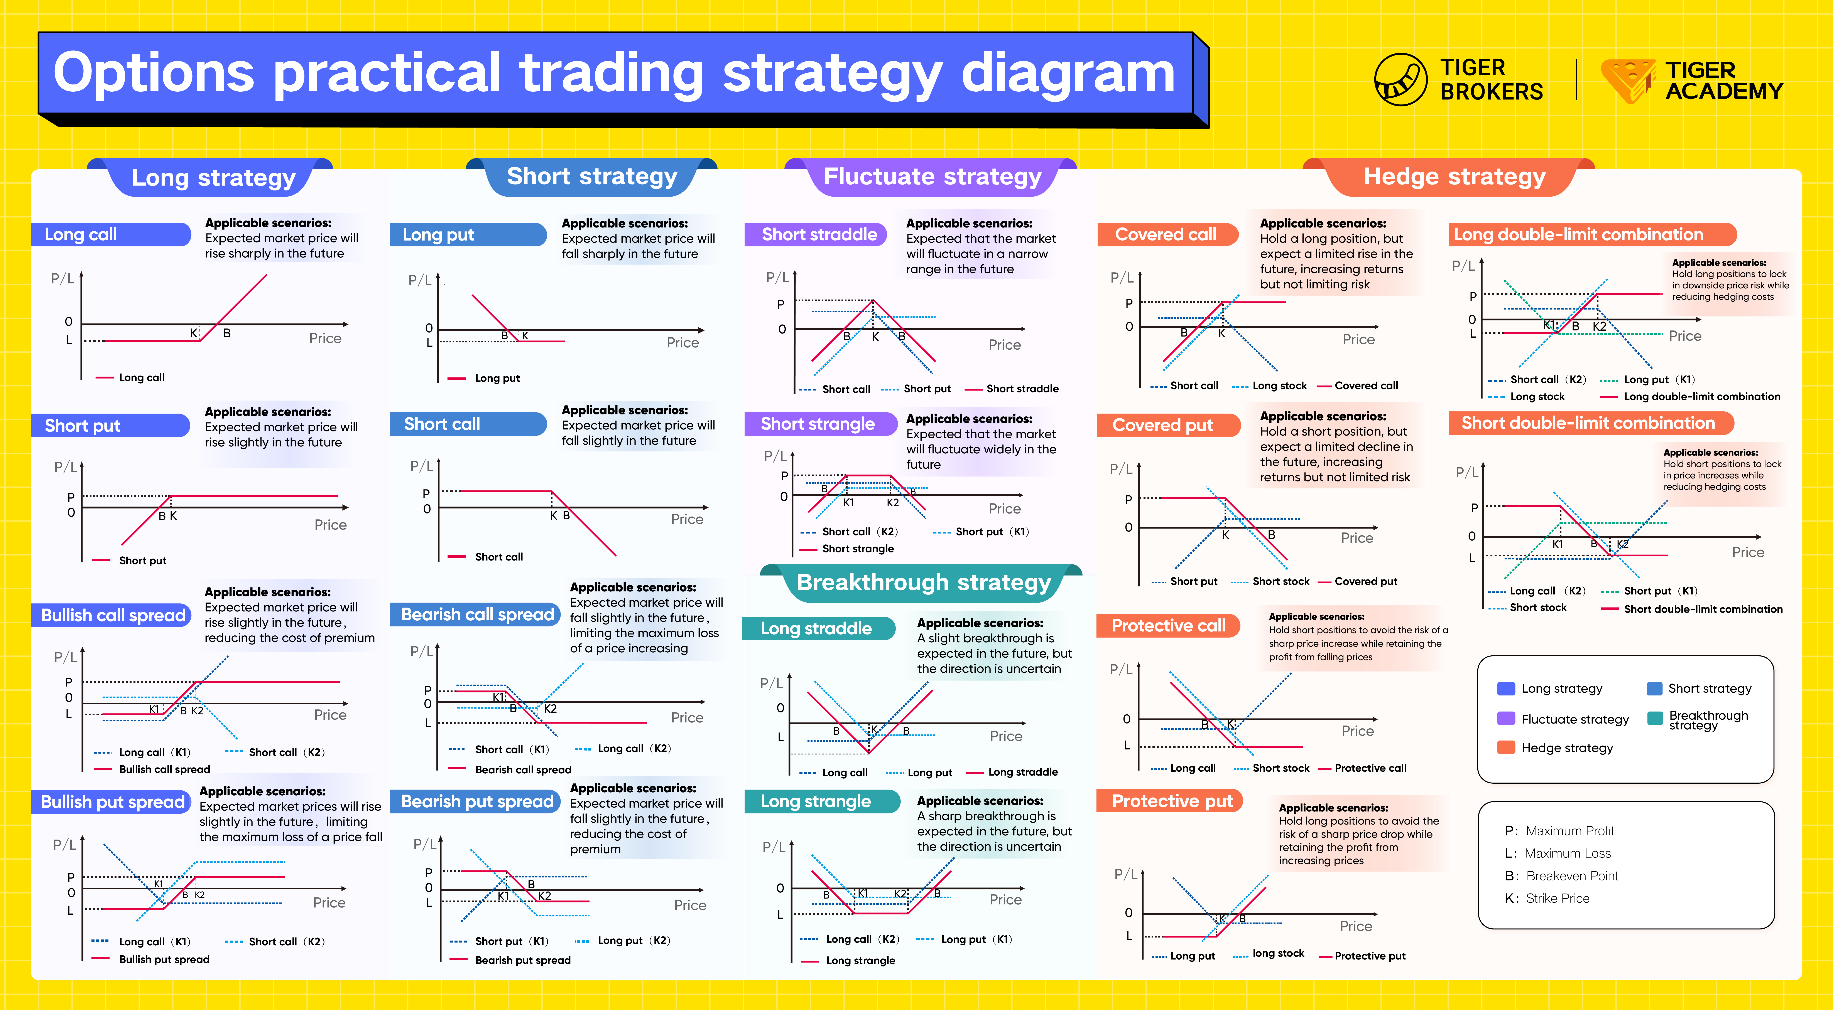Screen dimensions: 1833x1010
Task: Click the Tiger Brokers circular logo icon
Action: click(x=1400, y=80)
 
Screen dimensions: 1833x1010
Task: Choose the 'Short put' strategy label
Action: click(x=110, y=425)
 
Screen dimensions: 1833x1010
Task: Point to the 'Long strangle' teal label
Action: click(x=816, y=801)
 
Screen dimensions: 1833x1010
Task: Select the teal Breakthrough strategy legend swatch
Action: click(x=1655, y=718)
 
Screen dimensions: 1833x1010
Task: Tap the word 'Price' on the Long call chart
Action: click(x=325, y=338)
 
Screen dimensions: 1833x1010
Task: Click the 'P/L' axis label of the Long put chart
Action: click(x=420, y=280)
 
